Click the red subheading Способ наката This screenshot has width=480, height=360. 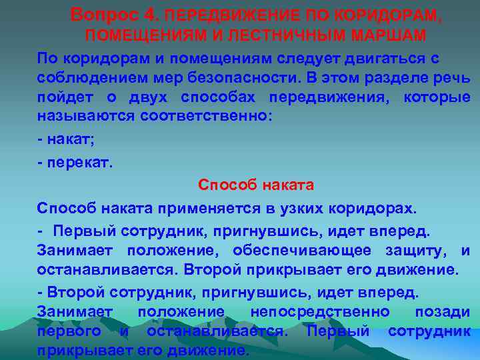256,185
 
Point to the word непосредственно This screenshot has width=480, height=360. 319,312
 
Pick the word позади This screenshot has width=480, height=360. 442,312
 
